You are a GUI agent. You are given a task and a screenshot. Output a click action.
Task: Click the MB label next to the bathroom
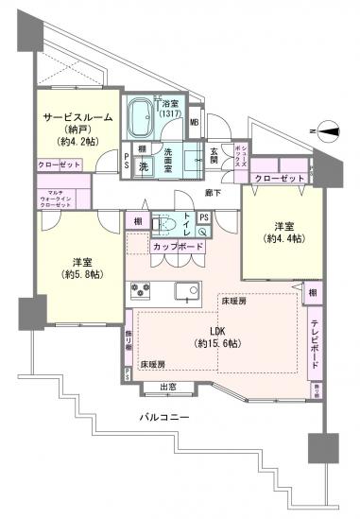[194, 121]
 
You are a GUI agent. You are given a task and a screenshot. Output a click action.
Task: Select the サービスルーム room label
[77, 118]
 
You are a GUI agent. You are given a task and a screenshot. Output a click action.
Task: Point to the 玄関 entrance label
[214, 154]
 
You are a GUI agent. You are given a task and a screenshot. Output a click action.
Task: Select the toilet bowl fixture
[163, 227]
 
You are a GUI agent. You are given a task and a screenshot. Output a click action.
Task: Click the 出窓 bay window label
[170, 386]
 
